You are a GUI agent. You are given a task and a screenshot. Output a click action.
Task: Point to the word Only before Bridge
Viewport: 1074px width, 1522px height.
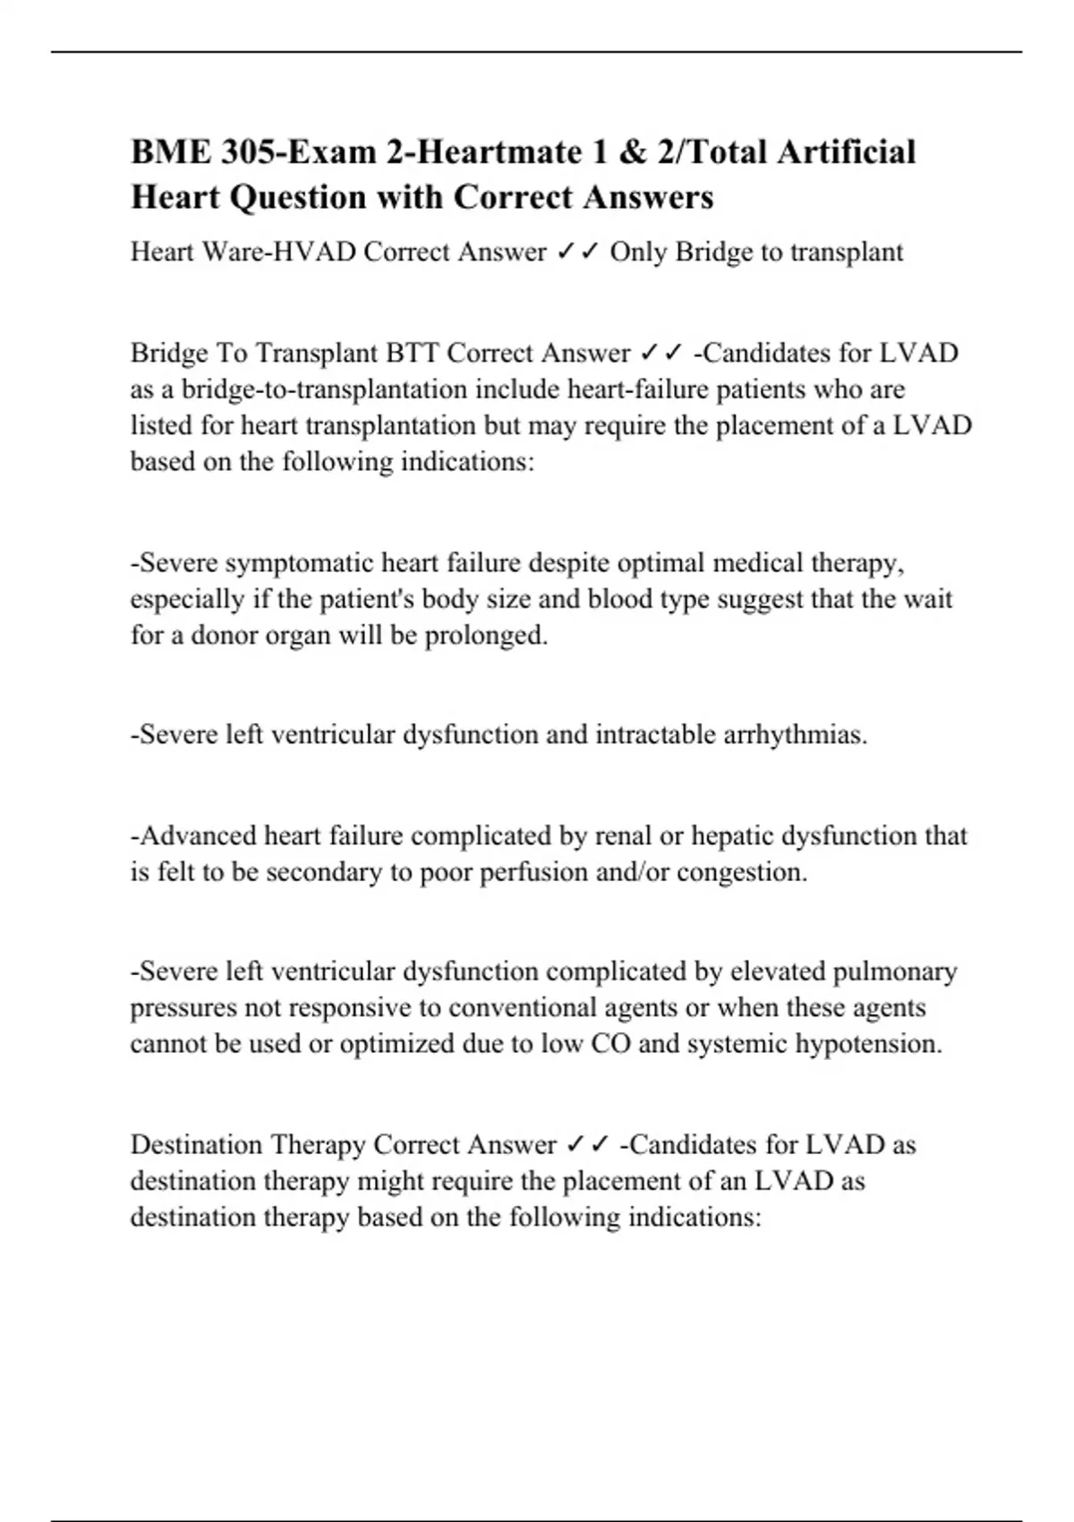(x=638, y=252)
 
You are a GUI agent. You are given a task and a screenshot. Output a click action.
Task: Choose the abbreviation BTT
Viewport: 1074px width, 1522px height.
(x=412, y=353)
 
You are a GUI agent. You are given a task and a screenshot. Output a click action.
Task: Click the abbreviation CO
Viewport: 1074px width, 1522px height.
(x=610, y=1044)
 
